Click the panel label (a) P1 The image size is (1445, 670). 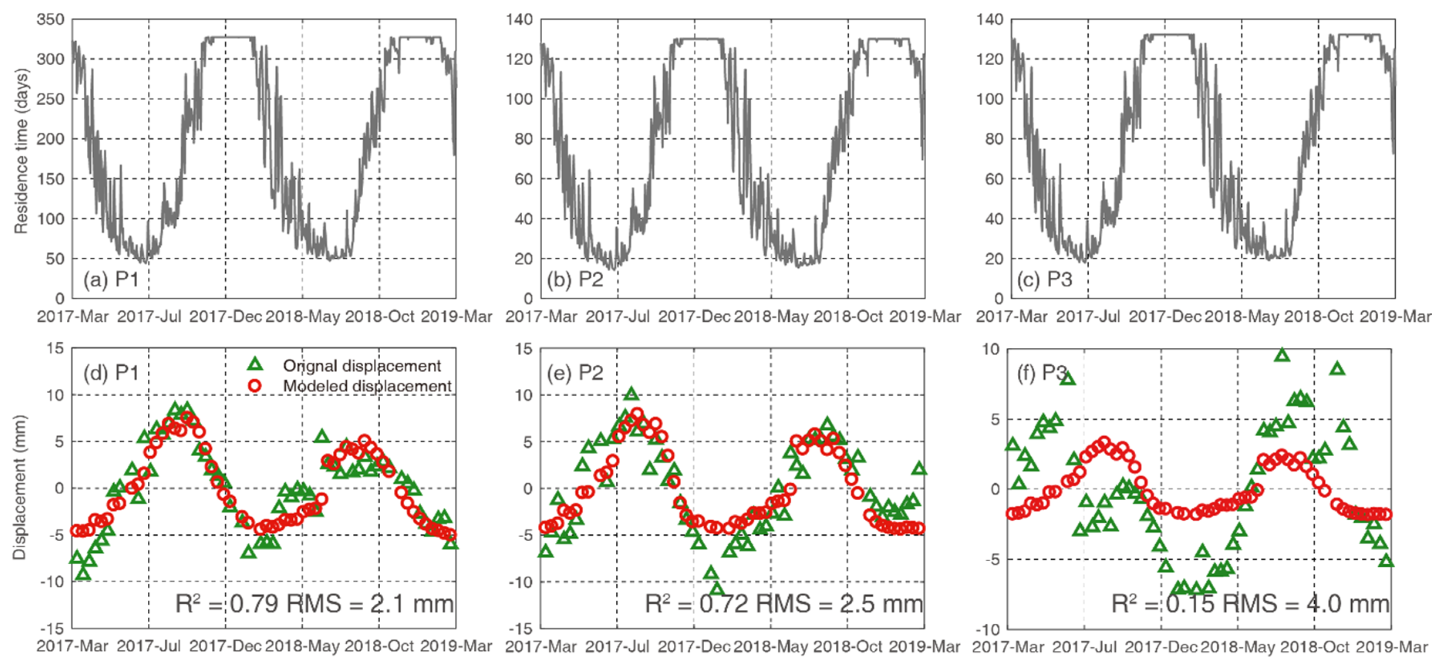pos(111,279)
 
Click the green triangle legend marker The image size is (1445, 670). pos(255,365)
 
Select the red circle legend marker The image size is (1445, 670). pos(255,385)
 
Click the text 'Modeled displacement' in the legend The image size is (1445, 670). pos(367,386)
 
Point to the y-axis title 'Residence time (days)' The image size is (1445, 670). pos(21,152)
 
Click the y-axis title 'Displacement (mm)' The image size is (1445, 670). pos(20,487)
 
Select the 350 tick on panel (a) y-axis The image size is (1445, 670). pos(51,20)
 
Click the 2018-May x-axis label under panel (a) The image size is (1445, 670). pos(302,316)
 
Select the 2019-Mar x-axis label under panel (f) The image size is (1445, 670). pos(1392,647)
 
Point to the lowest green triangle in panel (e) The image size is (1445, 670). pos(717,589)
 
